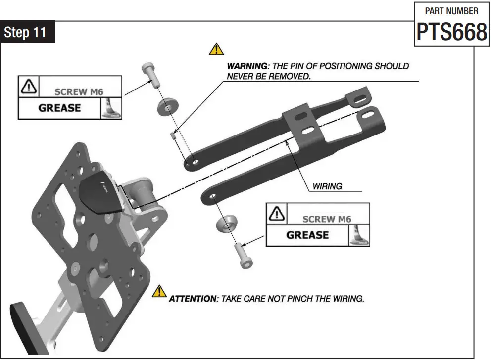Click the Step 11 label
coord(25,32)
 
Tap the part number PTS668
coord(451,32)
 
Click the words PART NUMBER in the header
coord(451,11)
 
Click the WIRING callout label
coord(327,186)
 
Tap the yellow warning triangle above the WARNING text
coord(216,49)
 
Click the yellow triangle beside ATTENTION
coord(159,292)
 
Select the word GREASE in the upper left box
coord(59,108)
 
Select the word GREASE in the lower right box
coord(307,235)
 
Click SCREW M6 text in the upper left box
coord(80,91)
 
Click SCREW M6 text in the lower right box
coord(328,219)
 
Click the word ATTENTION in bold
coord(193,299)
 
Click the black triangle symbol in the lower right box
coord(276,214)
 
